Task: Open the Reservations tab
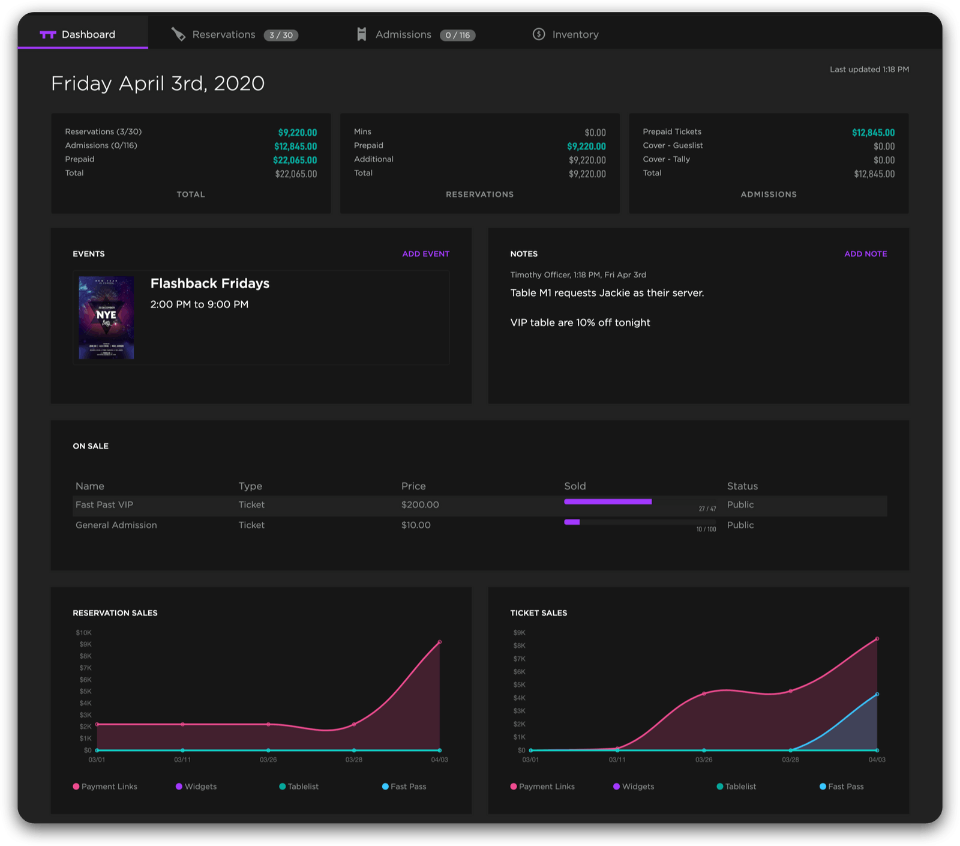tap(223, 35)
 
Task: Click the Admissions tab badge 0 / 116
tap(457, 35)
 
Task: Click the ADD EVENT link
tap(425, 254)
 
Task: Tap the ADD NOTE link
tap(865, 254)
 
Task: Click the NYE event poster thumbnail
tap(106, 318)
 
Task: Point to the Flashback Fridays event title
tap(209, 283)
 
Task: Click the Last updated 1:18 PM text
tap(869, 70)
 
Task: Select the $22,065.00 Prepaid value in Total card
tap(295, 160)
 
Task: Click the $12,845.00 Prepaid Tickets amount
tap(873, 133)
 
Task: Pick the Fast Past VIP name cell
tap(104, 505)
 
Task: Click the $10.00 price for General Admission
tap(416, 525)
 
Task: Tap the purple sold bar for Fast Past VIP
tap(607, 501)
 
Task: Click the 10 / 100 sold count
tap(706, 530)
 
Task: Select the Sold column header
tap(575, 486)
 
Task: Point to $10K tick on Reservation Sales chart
tap(83, 633)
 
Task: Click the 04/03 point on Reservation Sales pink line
tap(440, 642)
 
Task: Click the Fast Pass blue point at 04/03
tap(877, 695)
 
